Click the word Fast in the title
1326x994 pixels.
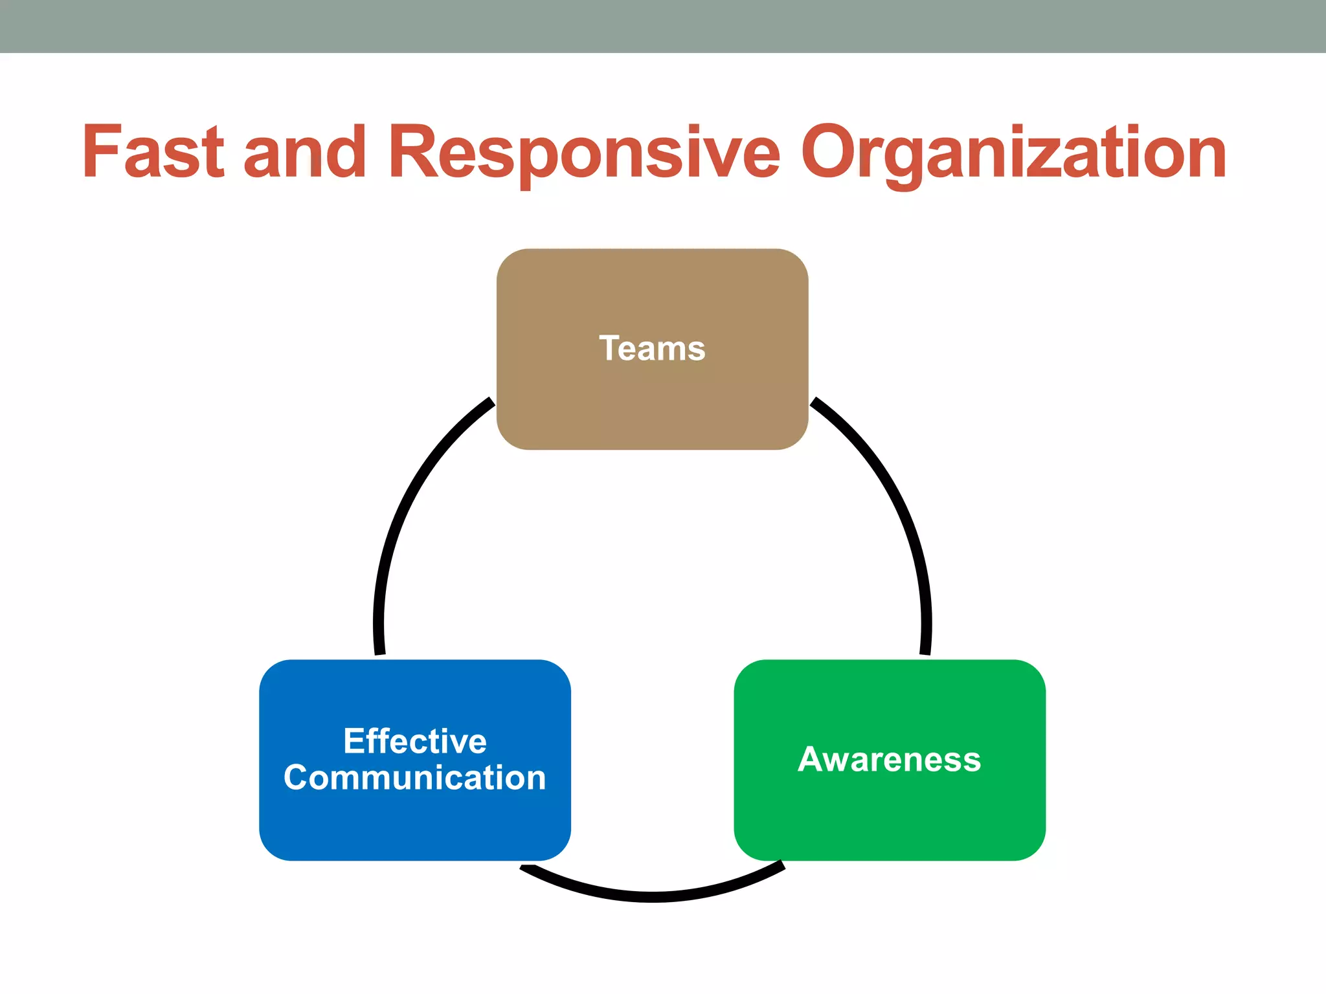[x=153, y=152]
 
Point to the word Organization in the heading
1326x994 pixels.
[x=1013, y=152]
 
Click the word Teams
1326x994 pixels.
[x=652, y=349]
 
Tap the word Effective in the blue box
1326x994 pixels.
[x=415, y=741]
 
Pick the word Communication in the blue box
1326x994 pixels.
[x=415, y=778]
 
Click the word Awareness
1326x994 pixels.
[x=890, y=760]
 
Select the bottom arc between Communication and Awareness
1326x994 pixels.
[x=653, y=896]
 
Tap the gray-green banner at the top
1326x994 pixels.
[x=663, y=26]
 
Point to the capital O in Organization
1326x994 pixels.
[x=831, y=152]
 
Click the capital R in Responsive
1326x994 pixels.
[x=412, y=152]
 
